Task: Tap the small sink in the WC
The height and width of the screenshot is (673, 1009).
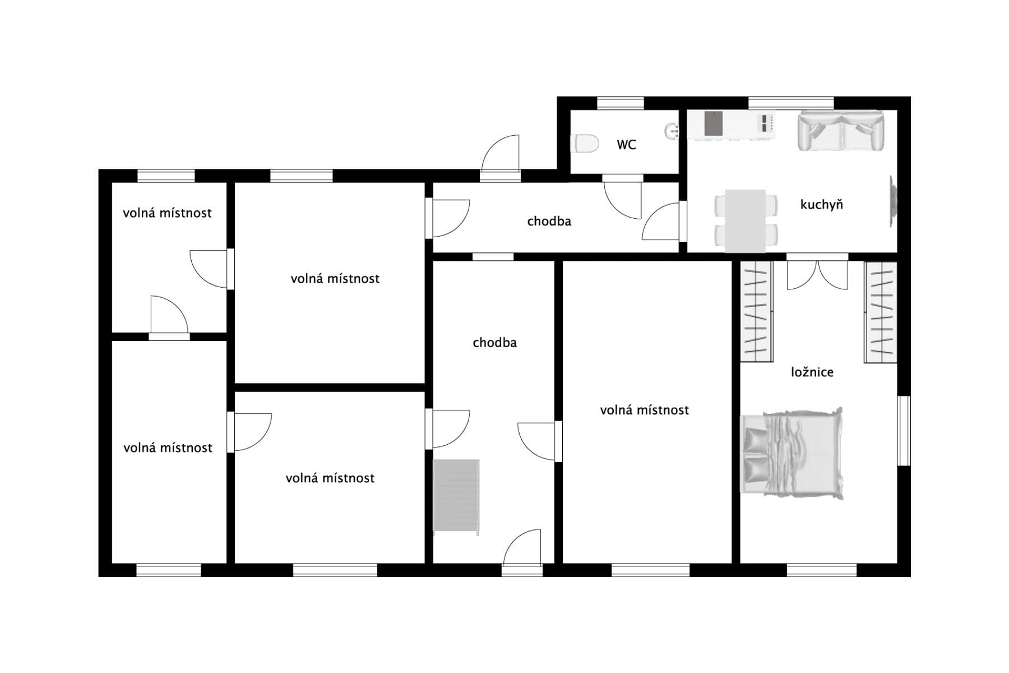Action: pyautogui.click(x=672, y=131)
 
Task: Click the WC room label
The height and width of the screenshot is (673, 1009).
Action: pyautogui.click(x=626, y=145)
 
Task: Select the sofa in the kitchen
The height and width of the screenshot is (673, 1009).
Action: pyautogui.click(x=840, y=131)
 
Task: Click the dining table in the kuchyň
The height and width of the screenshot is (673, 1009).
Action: pyautogui.click(x=745, y=220)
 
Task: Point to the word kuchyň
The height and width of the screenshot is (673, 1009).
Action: pyautogui.click(x=821, y=205)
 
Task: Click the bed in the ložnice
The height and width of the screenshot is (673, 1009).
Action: pyautogui.click(x=792, y=453)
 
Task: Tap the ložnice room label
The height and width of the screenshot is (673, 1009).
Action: pyautogui.click(x=812, y=372)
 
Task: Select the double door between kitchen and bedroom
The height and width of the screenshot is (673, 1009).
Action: pyautogui.click(x=817, y=274)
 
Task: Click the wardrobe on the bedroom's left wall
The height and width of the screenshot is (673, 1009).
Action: pyautogui.click(x=756, y=312)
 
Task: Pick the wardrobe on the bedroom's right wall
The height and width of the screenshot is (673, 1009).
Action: pyautogui.click(x=881, y=312)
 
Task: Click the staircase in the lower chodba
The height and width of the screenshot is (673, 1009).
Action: pyautogui.click(x=456, y=495)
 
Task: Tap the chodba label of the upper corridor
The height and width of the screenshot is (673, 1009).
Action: pyautogui.click(x=549, y=222)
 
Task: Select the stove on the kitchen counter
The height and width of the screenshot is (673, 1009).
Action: pyautogui.click(x=767, y=123)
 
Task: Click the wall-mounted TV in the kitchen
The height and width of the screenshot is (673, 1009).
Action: pyautogui.click(x=892, y=201)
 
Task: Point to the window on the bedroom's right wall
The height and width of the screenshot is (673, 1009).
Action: pyautogui.click(x=904, y=431)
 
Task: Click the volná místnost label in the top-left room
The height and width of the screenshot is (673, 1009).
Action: pyautogui.click(x=167, y=213)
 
